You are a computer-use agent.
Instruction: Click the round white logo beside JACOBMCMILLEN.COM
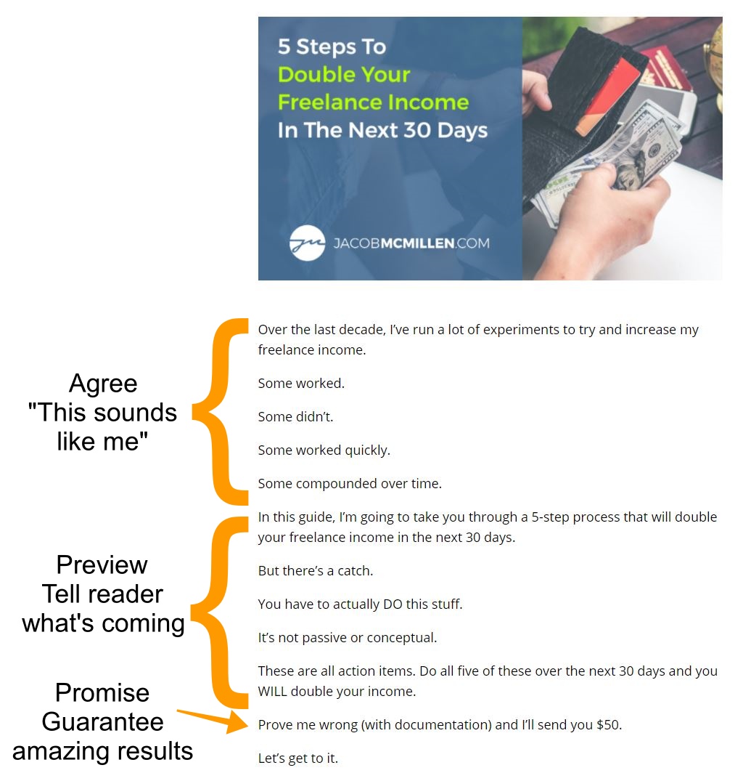tap(308, 243)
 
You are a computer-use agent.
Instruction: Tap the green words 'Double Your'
tap(344, 75)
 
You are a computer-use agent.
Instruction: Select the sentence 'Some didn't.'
tap(295, 416)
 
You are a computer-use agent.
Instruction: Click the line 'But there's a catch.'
tap(316, 570)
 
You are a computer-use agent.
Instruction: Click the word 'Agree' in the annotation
tap(103, 384)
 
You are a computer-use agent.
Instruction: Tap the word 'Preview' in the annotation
tap(102, 564)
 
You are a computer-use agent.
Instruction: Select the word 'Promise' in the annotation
tap(102, 693)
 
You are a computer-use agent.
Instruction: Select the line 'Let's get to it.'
tap(298, 758)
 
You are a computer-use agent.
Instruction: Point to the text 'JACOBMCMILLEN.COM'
tap(411, 243)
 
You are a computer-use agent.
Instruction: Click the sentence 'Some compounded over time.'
tap(350, 484)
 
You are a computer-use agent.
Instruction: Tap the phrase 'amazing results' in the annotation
tap(102, 751)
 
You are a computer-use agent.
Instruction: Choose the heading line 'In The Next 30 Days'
tap(382, 131)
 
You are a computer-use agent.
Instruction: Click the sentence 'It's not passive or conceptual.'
tap(347, 638)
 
